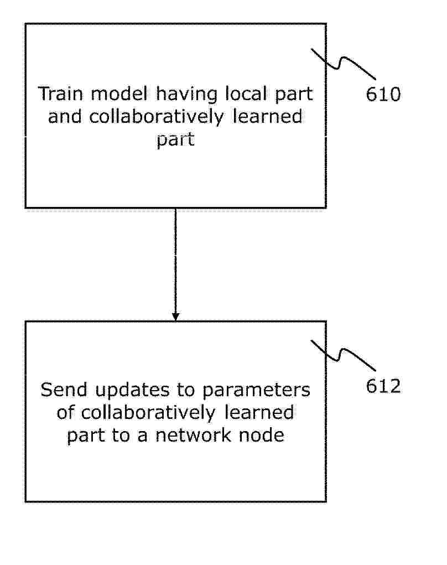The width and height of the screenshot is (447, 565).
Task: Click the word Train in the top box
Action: coord(60,94)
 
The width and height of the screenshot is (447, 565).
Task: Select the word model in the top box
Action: coord(119,94)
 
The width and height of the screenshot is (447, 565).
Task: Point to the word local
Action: coord(246,94)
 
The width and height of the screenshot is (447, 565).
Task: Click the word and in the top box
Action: coord(65,117)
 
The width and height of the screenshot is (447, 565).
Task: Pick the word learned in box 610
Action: coord(267,117)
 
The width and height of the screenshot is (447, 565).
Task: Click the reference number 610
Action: coord(383,95)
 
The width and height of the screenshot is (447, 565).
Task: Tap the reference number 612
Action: coord(383,386)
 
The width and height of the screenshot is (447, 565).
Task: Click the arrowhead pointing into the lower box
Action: coord(175,317)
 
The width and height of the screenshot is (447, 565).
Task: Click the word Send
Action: coord(64,390)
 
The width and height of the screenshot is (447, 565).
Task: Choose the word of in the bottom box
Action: coord(65,413)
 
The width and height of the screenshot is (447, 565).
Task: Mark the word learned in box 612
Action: coord(259,413)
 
